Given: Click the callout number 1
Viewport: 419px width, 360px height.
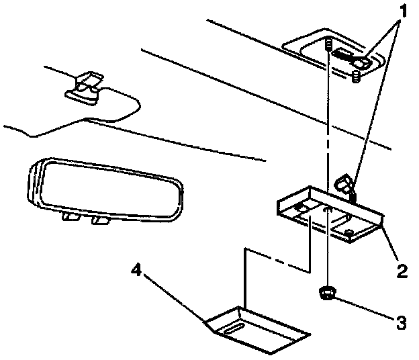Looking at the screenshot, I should coord(402,11).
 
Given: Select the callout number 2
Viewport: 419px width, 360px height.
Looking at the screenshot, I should coord(401,271).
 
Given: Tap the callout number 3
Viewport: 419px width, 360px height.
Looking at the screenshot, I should coord(401,322).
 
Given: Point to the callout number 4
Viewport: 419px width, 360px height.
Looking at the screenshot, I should coord(136,271).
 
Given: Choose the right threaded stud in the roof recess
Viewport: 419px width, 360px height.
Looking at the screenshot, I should coord(357,78).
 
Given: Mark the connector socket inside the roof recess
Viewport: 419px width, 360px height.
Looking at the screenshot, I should coord(350,57).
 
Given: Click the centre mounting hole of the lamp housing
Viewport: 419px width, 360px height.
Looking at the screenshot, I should coord(327,210).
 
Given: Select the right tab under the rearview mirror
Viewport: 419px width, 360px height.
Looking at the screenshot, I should coord(101,219).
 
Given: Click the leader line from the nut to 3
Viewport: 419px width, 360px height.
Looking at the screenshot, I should coord(366,308).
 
